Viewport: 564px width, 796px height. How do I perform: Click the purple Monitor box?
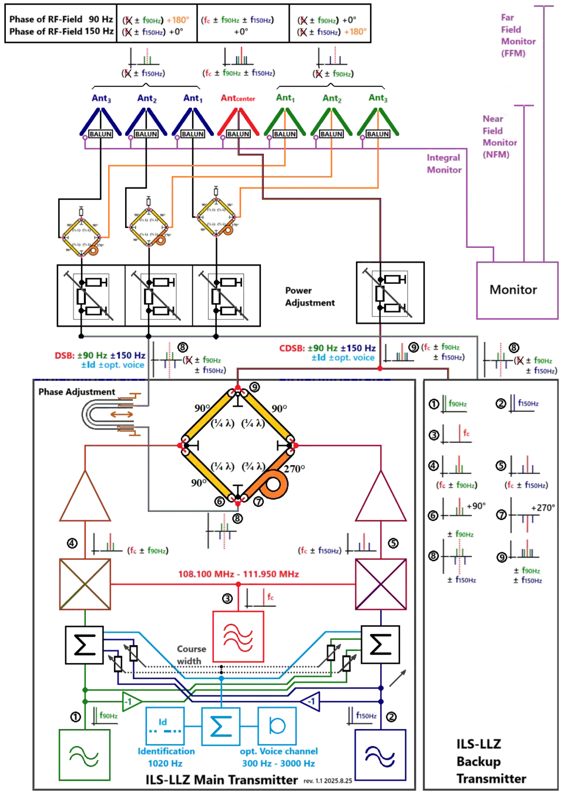[x=515, y=289]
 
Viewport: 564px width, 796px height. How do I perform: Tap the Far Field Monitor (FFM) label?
[x=517, y=35]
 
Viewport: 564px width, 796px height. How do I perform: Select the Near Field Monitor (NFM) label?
[x=500, y=136]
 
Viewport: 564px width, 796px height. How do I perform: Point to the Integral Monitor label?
[x=444, y=163]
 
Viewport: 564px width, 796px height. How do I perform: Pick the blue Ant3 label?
[x=101, y=98]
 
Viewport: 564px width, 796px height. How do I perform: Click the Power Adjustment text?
[x=310, y=297]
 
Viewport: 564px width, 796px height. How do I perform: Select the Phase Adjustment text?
[x=77, y=392]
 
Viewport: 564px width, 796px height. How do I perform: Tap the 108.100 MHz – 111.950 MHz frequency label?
[x=237, y=573]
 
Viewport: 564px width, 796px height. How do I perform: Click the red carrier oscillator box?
[x=238, y=637]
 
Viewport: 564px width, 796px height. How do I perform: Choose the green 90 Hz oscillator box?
[x=85, y=755]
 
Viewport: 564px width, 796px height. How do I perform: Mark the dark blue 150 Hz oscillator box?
[x=380, y=755]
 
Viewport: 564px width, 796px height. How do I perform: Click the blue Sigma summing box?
[x=220, y=726]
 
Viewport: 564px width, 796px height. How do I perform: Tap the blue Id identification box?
[x=164, y=725]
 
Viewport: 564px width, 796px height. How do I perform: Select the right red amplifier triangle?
[x=381, y=498]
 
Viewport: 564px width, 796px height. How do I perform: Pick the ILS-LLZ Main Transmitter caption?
[x=222, y=780]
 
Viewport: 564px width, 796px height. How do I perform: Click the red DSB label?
[x=63, y=355]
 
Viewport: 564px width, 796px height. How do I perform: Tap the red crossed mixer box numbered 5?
[x=381, y=584]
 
